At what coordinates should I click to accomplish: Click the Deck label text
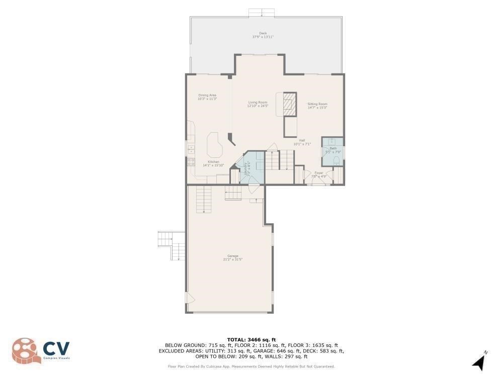click(x=263, y=33)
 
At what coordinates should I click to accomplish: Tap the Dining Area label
click(x=207, y=95)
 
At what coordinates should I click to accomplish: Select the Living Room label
click(x=258, y=102)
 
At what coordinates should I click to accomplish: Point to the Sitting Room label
click(x=317, y=104)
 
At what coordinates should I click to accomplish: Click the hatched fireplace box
click(x=289, y=104)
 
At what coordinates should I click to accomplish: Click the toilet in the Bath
click(x=337, y=160)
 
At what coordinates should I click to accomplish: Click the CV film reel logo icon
click(x=25, y=350)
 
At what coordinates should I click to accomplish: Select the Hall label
click(x=302, y=140)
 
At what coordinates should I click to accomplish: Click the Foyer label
click(x=319, y=173)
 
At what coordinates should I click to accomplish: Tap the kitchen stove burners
click(x=191, y=162)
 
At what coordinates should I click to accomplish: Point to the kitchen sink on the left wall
click(x=191, y=149)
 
